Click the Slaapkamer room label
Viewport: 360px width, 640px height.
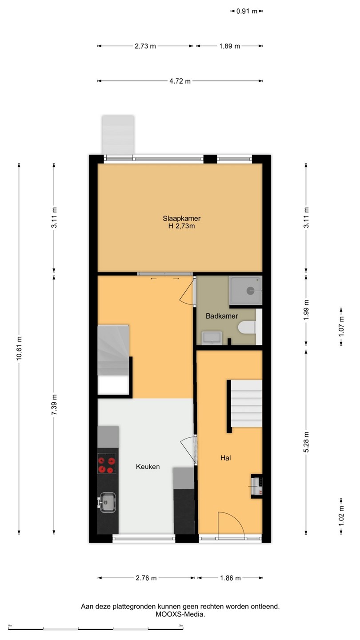coord(181,218)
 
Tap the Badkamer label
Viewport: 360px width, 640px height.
coord(222,316)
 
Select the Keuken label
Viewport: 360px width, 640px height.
coord(148,467)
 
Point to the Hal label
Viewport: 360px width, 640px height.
coord(225,458)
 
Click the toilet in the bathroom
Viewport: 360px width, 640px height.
coord(247,327)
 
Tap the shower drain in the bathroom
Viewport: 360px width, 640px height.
coord(250,291)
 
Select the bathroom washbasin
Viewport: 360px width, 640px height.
coord(212,338)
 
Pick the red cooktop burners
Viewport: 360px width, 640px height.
coord(107,465)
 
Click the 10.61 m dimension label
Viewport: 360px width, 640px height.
coord(19,348)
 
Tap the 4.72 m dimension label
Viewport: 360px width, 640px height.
coord(180,81)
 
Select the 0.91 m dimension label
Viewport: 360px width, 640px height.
coord(247,11)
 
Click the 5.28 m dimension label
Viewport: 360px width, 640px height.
coord(306,442)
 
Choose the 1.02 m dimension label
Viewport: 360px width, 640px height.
coord(341,516)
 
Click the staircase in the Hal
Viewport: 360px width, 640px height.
coord(246,404)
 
